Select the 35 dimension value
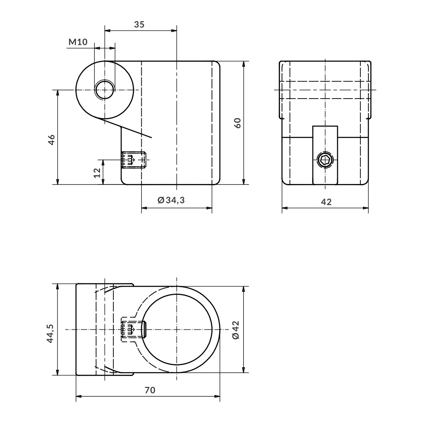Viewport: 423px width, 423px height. click(x=139, y=25)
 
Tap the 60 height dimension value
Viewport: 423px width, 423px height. click(x=238, y=123)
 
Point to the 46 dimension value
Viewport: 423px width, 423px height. click(x=51, y=139)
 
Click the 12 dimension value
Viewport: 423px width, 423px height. click(x=97, y=172)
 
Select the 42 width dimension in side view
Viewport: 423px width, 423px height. click(x=325, y=202)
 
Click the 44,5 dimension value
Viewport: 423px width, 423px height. click(x=50, y=333)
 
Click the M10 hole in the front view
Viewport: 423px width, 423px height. click(x=104, y=90)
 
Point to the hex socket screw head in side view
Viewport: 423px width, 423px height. click(x=325, y=160)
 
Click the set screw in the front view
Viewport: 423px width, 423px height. click(x=133, y=160)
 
